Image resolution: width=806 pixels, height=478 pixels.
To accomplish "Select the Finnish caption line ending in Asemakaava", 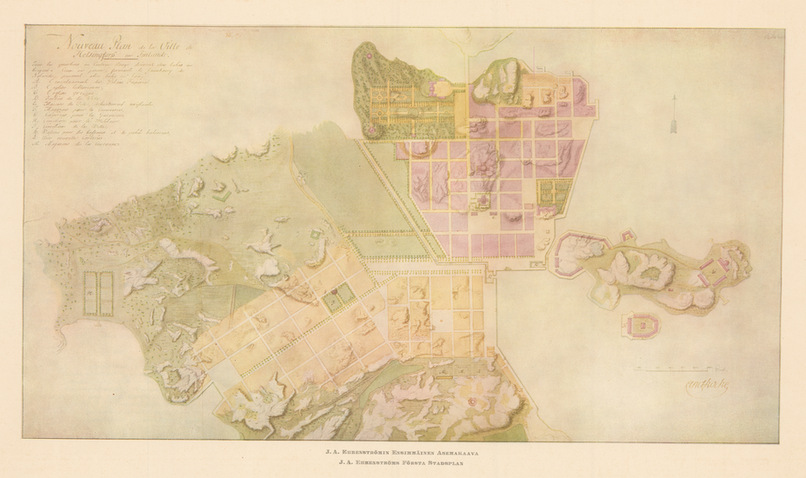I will point(403,451).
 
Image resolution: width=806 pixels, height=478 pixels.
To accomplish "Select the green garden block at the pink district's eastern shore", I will point(550,195).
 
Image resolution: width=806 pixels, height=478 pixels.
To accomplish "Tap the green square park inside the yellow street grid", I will point(334,301).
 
